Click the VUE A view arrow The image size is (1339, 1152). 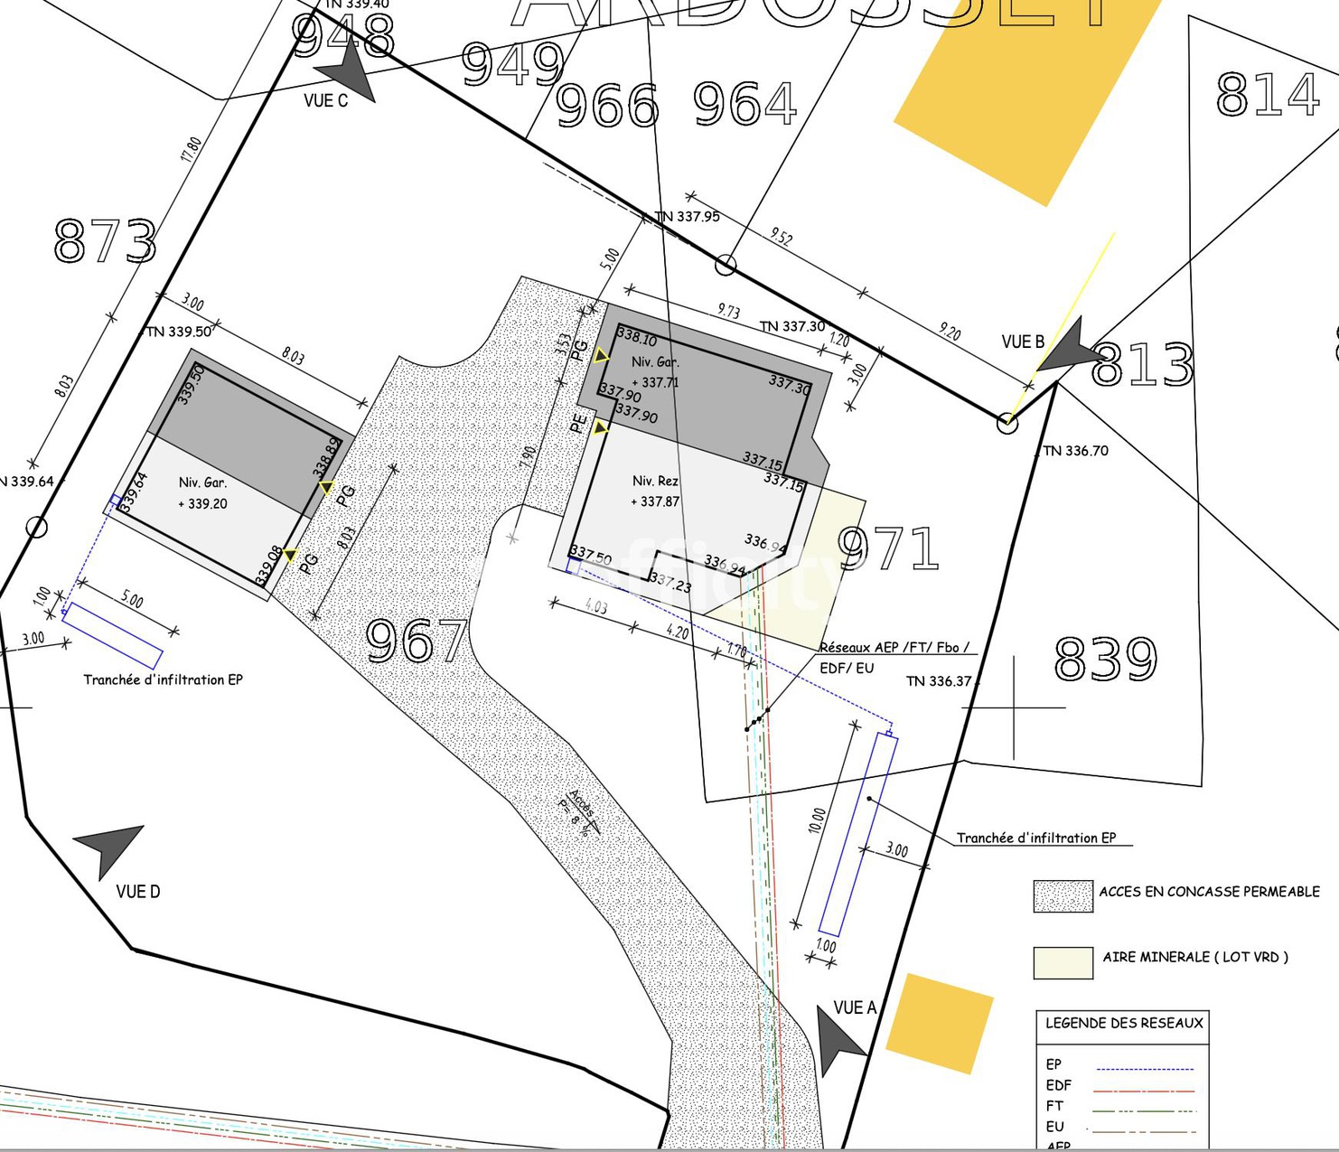(838, 1037)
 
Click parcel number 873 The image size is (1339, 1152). (105, 241)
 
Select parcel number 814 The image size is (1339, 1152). (1267, 94)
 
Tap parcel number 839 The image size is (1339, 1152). (1105, 659)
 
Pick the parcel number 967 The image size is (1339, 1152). (417, 641)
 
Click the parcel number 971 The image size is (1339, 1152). (889, 548)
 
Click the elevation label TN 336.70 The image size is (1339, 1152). (1075, 451)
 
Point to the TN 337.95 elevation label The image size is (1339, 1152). (687, 217)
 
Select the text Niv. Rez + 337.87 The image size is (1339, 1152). (656, 492)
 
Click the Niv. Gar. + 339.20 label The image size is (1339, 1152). (202, 493)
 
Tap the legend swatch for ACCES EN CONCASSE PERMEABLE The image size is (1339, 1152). (1063, 896)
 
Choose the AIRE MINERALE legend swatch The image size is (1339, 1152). (1063, 962)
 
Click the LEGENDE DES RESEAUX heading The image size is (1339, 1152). (1124, 1023)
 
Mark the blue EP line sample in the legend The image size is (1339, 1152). (1144, 1069)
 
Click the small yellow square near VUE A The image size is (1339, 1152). (939, 1024)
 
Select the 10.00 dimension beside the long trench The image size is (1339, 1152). (817, 820)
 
